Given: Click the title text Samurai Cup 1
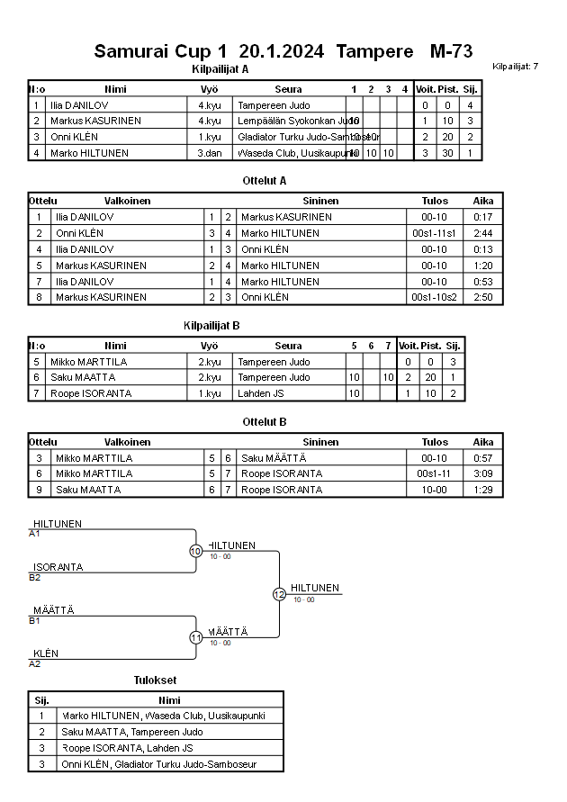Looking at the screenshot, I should [160, 51].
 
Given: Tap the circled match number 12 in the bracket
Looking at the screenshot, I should [279, 594].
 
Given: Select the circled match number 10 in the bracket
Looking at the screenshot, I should [195, 551].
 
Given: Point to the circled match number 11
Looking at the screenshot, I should [195, 637].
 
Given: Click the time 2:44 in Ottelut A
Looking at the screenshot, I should [483, 233].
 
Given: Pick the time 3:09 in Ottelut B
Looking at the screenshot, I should [483, 473].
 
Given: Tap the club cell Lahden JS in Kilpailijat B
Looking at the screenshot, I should [261, 393].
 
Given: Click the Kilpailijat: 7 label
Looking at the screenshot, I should [516, 67].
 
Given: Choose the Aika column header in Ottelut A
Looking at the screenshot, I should [483, 201].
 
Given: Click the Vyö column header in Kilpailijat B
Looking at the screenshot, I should [210, 346].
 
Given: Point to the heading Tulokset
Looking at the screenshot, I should [155, 680].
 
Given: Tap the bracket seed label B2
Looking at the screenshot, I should [35, 577].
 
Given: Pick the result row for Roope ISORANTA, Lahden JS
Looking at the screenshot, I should [154, 748].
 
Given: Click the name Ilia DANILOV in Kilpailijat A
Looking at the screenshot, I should [85, 105].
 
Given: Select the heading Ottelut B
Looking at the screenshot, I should [265, 421].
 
